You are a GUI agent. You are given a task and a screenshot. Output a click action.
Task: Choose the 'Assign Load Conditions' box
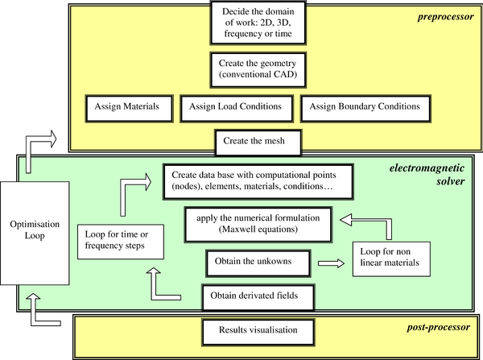coord(235,105)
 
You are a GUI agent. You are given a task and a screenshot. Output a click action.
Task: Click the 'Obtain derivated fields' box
coord(255,295)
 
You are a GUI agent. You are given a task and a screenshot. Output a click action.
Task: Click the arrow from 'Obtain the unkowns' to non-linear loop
coord(327,262)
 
